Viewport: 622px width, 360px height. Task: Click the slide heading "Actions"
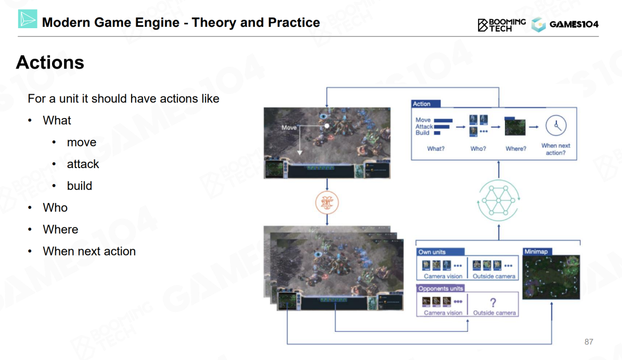tap(50, 63)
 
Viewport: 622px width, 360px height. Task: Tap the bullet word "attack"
tap(83, 164)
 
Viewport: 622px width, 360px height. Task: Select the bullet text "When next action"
tap(89, 251)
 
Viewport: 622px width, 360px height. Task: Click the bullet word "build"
tap(79, 186)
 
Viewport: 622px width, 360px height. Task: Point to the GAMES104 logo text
tap(573, 24)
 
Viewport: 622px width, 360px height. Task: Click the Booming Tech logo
tap(501, 25)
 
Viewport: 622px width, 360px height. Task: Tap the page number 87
tap(588, 342)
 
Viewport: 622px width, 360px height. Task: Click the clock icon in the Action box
tap(556, 126)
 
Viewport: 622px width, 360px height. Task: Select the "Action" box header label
tap(421, 104)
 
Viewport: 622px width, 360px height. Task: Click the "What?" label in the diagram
tap(435, 149)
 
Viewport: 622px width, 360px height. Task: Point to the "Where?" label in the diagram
tap(516, 149)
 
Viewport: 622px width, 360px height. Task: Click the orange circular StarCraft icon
tap(327, 203)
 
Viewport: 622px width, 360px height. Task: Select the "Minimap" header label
tap(536, 252)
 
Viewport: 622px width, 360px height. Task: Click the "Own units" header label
tap(432, 252)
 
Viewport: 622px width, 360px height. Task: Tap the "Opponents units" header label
tap(440, 289)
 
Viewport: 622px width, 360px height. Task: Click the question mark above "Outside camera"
tap(493, 303)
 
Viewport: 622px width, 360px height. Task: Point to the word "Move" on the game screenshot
tap(289, 128)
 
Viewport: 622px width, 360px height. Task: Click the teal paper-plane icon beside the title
tap(28, 18)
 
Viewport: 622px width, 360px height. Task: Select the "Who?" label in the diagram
tap(478, 149)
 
